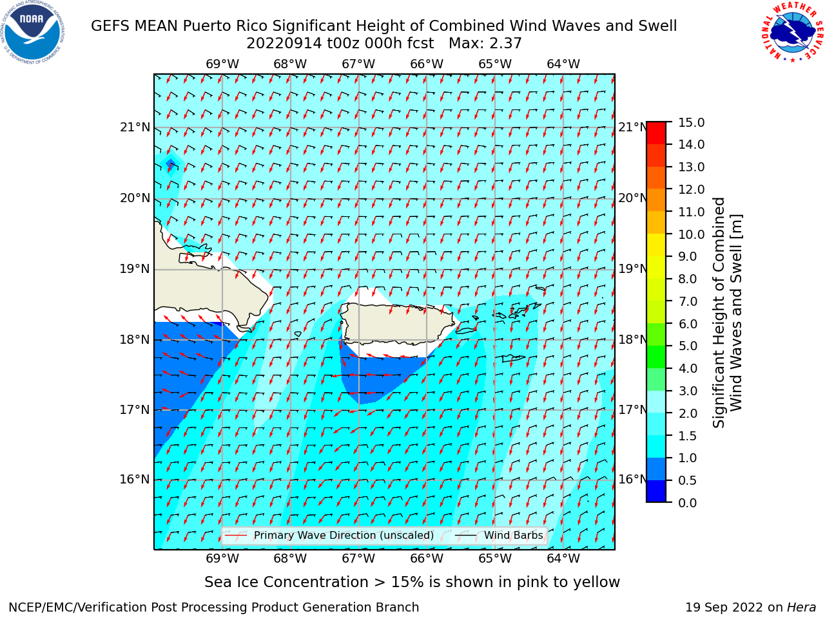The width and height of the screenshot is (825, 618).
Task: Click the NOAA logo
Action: click(x=32, y=32)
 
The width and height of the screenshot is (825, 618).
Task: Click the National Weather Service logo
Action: click(x=793, y=32)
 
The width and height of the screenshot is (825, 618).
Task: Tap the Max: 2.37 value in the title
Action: click(x=485, y=44)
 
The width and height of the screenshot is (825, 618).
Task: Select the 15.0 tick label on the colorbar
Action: click(x=691, y=122)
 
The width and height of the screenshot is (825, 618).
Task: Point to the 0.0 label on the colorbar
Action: click(x=688, y=503)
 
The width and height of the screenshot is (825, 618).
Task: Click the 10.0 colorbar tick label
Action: click(x=691, y=234)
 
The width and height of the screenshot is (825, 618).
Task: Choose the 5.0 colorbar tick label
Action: click(x=688, y=346)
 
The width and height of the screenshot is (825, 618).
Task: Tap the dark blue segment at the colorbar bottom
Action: click(x=656, y=491)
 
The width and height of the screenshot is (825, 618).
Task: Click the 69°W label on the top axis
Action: click(x=222, y=64)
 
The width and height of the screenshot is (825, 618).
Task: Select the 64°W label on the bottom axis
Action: click(x=563, y=558)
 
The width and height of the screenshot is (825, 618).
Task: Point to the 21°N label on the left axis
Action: click(x=135, y=127)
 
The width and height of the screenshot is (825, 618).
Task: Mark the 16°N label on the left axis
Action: click(x=135, y=480)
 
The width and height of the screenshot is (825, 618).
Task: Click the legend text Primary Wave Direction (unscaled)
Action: click(x=344, y=536)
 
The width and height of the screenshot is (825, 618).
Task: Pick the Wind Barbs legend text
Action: click(x=514, y=536)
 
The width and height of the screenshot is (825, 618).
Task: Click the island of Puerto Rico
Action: click(x=398, y=323)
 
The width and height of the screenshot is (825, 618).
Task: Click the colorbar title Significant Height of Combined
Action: click(x=718, y=313)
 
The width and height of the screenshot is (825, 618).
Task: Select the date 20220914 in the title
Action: click(x=284, y=44)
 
